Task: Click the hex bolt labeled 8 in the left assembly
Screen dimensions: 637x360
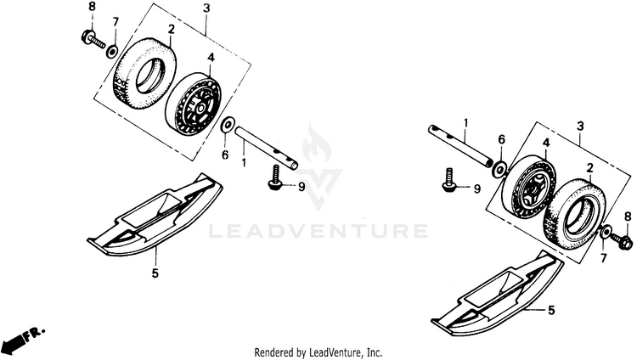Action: click(88, 37)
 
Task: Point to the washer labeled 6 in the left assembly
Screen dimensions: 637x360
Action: click(228, 127)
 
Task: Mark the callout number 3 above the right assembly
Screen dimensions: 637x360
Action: click(580, 126)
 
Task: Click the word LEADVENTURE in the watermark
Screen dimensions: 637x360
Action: click(318, 231)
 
